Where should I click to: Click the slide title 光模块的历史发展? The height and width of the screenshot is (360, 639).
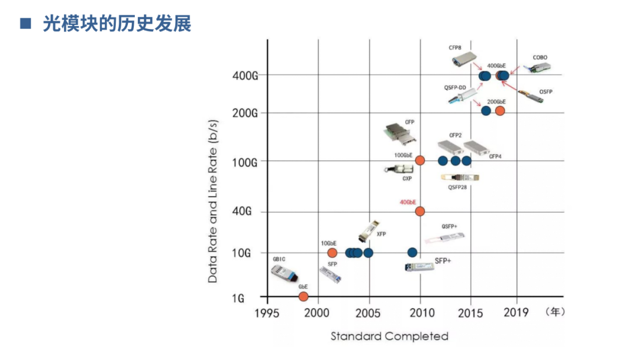tap(117, 24)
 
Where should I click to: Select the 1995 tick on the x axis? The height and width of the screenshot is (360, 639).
tap(267, 312)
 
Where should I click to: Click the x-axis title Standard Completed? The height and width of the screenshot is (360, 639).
tap(389, 336)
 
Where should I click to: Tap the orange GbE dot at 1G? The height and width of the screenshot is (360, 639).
tap(304, 296)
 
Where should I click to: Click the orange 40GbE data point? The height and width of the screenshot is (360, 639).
tap(420, 211)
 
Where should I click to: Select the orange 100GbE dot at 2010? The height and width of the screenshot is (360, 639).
tap(420, 160)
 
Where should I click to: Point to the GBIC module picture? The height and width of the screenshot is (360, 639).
tap(284, 272)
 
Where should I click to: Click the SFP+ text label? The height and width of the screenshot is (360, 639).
tap(443, 260)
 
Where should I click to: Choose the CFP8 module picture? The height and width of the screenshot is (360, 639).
tap(464, 60)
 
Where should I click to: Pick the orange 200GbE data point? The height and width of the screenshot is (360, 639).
tap(500, 111)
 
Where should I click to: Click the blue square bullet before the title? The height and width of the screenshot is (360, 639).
tap(25, 24)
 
